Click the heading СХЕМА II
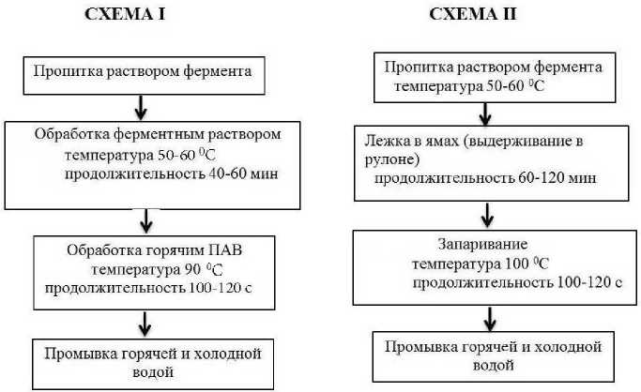[475, 15]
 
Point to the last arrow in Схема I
[146, 325]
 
